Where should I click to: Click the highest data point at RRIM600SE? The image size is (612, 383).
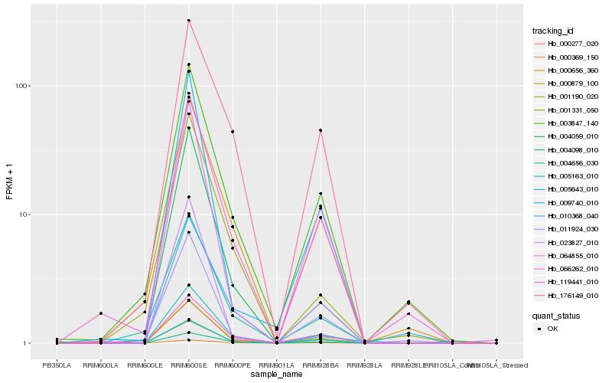pyautogui.click(x=188, y=21)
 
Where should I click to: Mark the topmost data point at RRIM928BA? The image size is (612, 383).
pyautogui.click(x=320, y=130)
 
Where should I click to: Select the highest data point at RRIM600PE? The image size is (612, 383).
pyautogui.click(x=232, y=132)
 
